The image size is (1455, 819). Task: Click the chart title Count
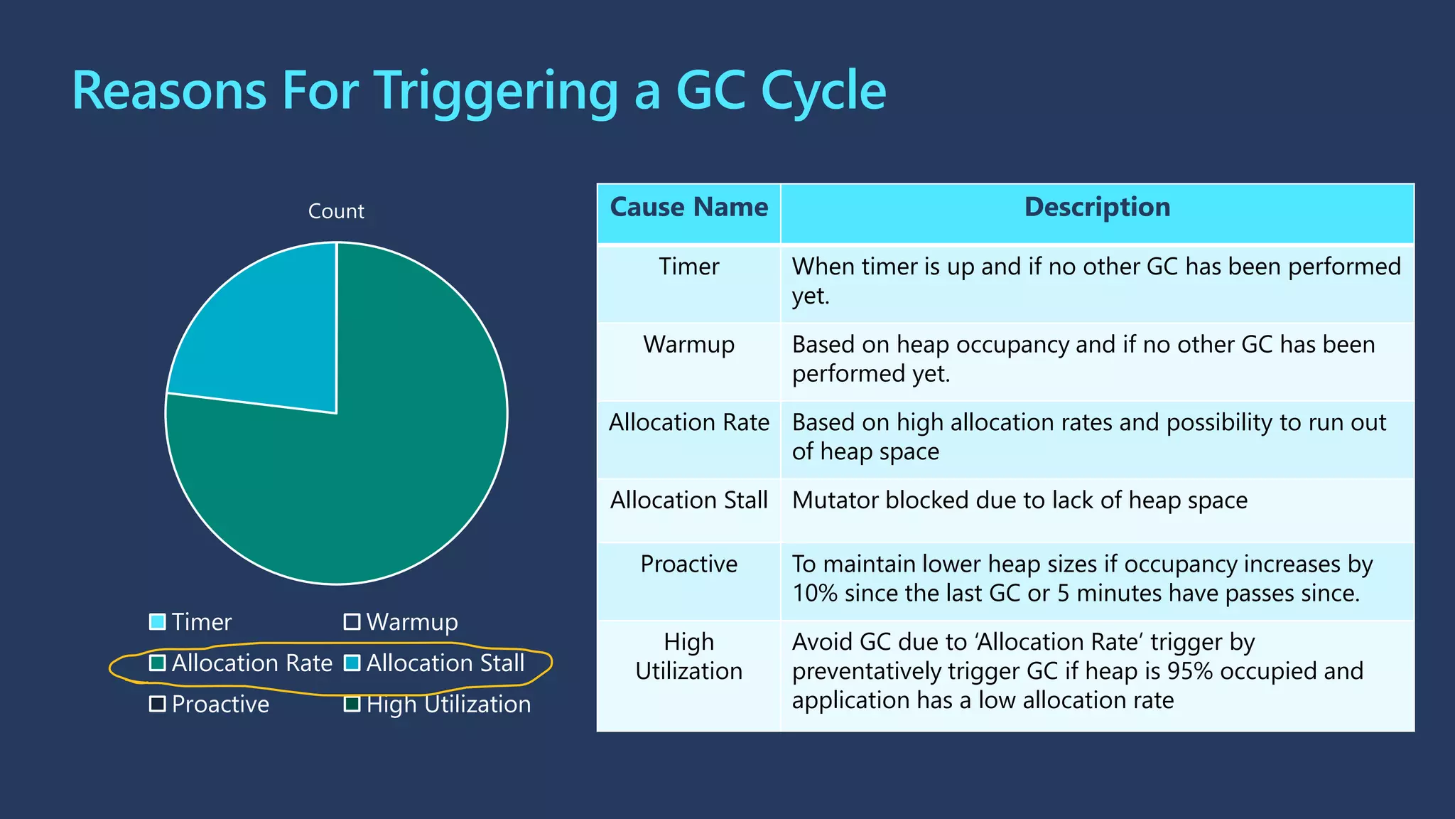point(336,211)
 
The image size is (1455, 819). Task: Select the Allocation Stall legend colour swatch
point(352,663)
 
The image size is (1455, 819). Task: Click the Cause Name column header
point(688,208)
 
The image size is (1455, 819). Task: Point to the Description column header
point(1097,208)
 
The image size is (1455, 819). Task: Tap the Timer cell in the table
point(688,267)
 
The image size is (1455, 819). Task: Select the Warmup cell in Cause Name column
point(688,345)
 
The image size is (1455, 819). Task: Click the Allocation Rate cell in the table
point(688,422)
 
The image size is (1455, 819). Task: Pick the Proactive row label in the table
point(688,564)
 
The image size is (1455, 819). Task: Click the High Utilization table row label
point(688,656)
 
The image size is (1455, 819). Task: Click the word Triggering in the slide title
point(497,91)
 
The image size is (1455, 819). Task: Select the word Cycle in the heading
point(823,91)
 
